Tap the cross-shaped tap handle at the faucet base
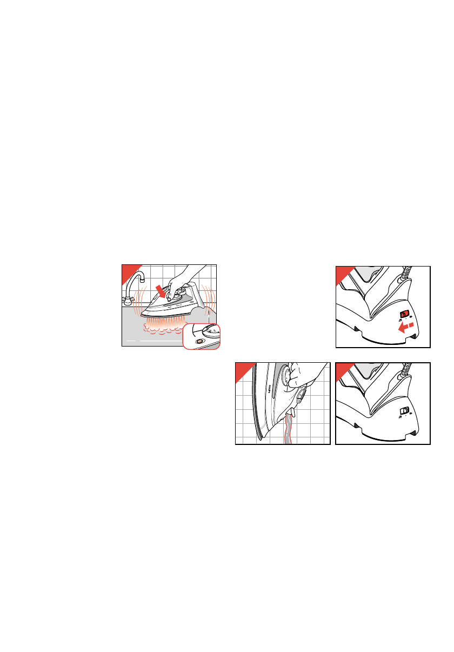128,300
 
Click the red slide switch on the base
404,315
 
